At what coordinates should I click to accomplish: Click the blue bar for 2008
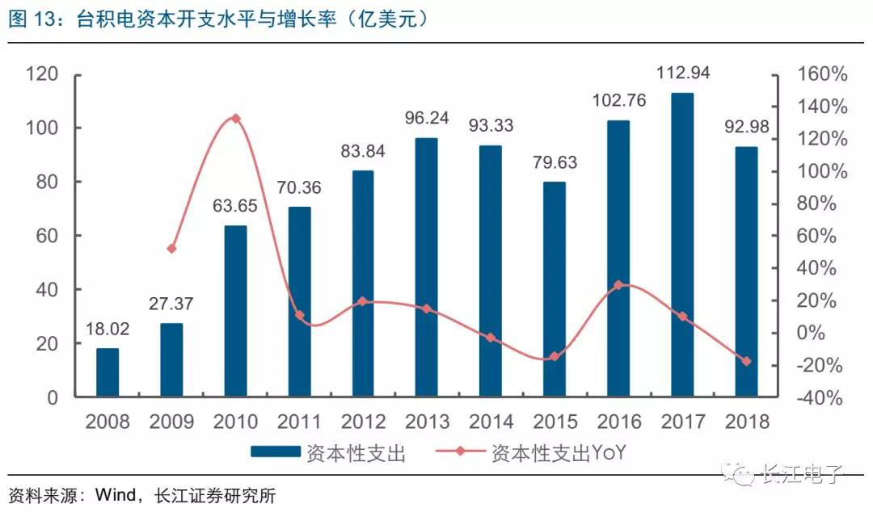pos(108,372)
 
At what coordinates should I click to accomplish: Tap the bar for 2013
pos(427,267)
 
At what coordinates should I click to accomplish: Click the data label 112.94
pos(682,73)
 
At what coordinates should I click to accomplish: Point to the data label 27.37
pos(171,306)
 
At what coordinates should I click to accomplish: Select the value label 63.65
pos(235,206)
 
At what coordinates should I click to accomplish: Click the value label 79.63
pos(555,162)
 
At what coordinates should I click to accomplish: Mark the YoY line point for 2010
pos(236,119)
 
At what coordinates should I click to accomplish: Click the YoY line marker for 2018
pos(746,361)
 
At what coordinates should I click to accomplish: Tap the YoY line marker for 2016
pos(618,285)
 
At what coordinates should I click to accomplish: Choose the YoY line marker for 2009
pos(171,249)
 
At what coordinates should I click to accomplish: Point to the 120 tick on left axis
pos(41,74)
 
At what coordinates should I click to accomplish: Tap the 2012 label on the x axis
pos(363,422)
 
